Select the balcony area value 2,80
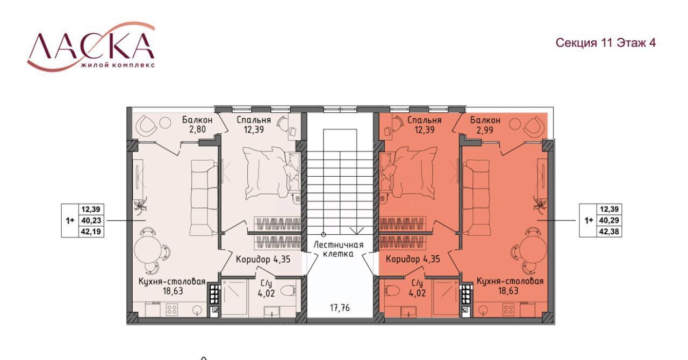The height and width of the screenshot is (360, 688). pos(197,129)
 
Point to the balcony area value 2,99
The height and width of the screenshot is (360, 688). pos(485,130)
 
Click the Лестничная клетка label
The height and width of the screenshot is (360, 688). pos(339,249)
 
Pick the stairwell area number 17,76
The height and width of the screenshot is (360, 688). pos(340,307)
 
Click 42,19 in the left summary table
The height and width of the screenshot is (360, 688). pos(91,231)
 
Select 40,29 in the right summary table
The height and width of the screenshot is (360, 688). pos(609,220)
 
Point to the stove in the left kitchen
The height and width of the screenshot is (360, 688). pos(171,309)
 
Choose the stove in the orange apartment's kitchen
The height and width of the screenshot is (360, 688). pos(508,309)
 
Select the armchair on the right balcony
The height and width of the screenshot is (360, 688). pos(534,125)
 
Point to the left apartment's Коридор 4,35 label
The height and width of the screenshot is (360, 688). pos(263,259)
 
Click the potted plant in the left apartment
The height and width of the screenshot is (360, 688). pos(141,205)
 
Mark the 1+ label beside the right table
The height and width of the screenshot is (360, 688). pos(589,220)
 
